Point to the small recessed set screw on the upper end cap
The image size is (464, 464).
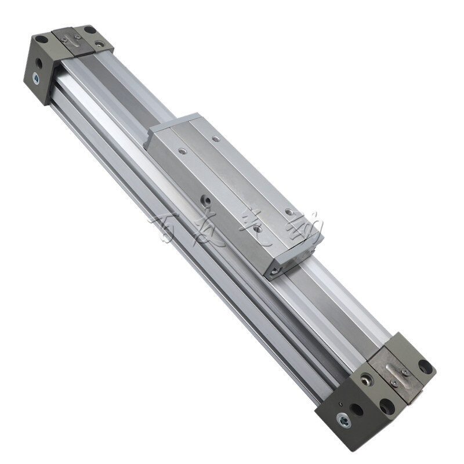point(100,43)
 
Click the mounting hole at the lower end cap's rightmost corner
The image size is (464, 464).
point(425,367)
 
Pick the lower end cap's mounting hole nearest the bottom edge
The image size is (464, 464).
point(386,406)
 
